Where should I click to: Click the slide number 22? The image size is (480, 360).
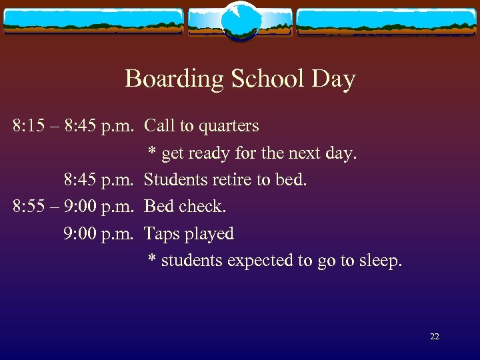(x=435, y=337)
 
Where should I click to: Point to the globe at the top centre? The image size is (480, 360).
(x=239, y=21)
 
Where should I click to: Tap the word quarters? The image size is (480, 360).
(x=228, y=126)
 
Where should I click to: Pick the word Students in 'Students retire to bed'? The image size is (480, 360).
(x=174, y=179)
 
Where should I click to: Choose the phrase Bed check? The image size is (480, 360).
(x=185, y=207)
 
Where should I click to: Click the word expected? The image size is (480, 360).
(x=261, y=261)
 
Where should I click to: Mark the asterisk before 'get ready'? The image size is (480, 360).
(x=152, y=152)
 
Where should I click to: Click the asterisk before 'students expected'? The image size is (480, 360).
(x=152, y=259)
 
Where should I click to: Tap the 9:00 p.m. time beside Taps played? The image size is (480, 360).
(x=100, y=234)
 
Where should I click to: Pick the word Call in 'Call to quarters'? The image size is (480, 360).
(x=158, y=125)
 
